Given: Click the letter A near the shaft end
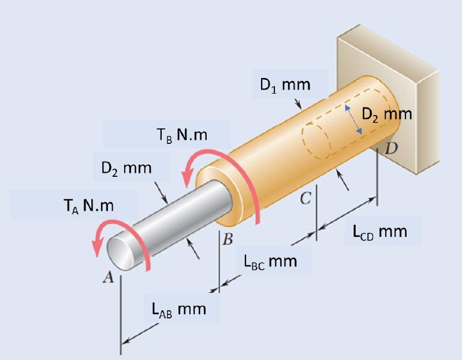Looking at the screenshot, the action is click(107, 278).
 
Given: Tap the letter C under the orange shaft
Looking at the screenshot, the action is click(305, 199).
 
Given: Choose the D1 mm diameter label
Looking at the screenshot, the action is click(285, 86).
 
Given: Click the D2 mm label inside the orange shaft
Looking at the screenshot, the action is click(386, 114).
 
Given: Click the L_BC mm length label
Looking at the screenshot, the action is click(270, 261).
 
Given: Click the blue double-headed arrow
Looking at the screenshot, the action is click(354, 120).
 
